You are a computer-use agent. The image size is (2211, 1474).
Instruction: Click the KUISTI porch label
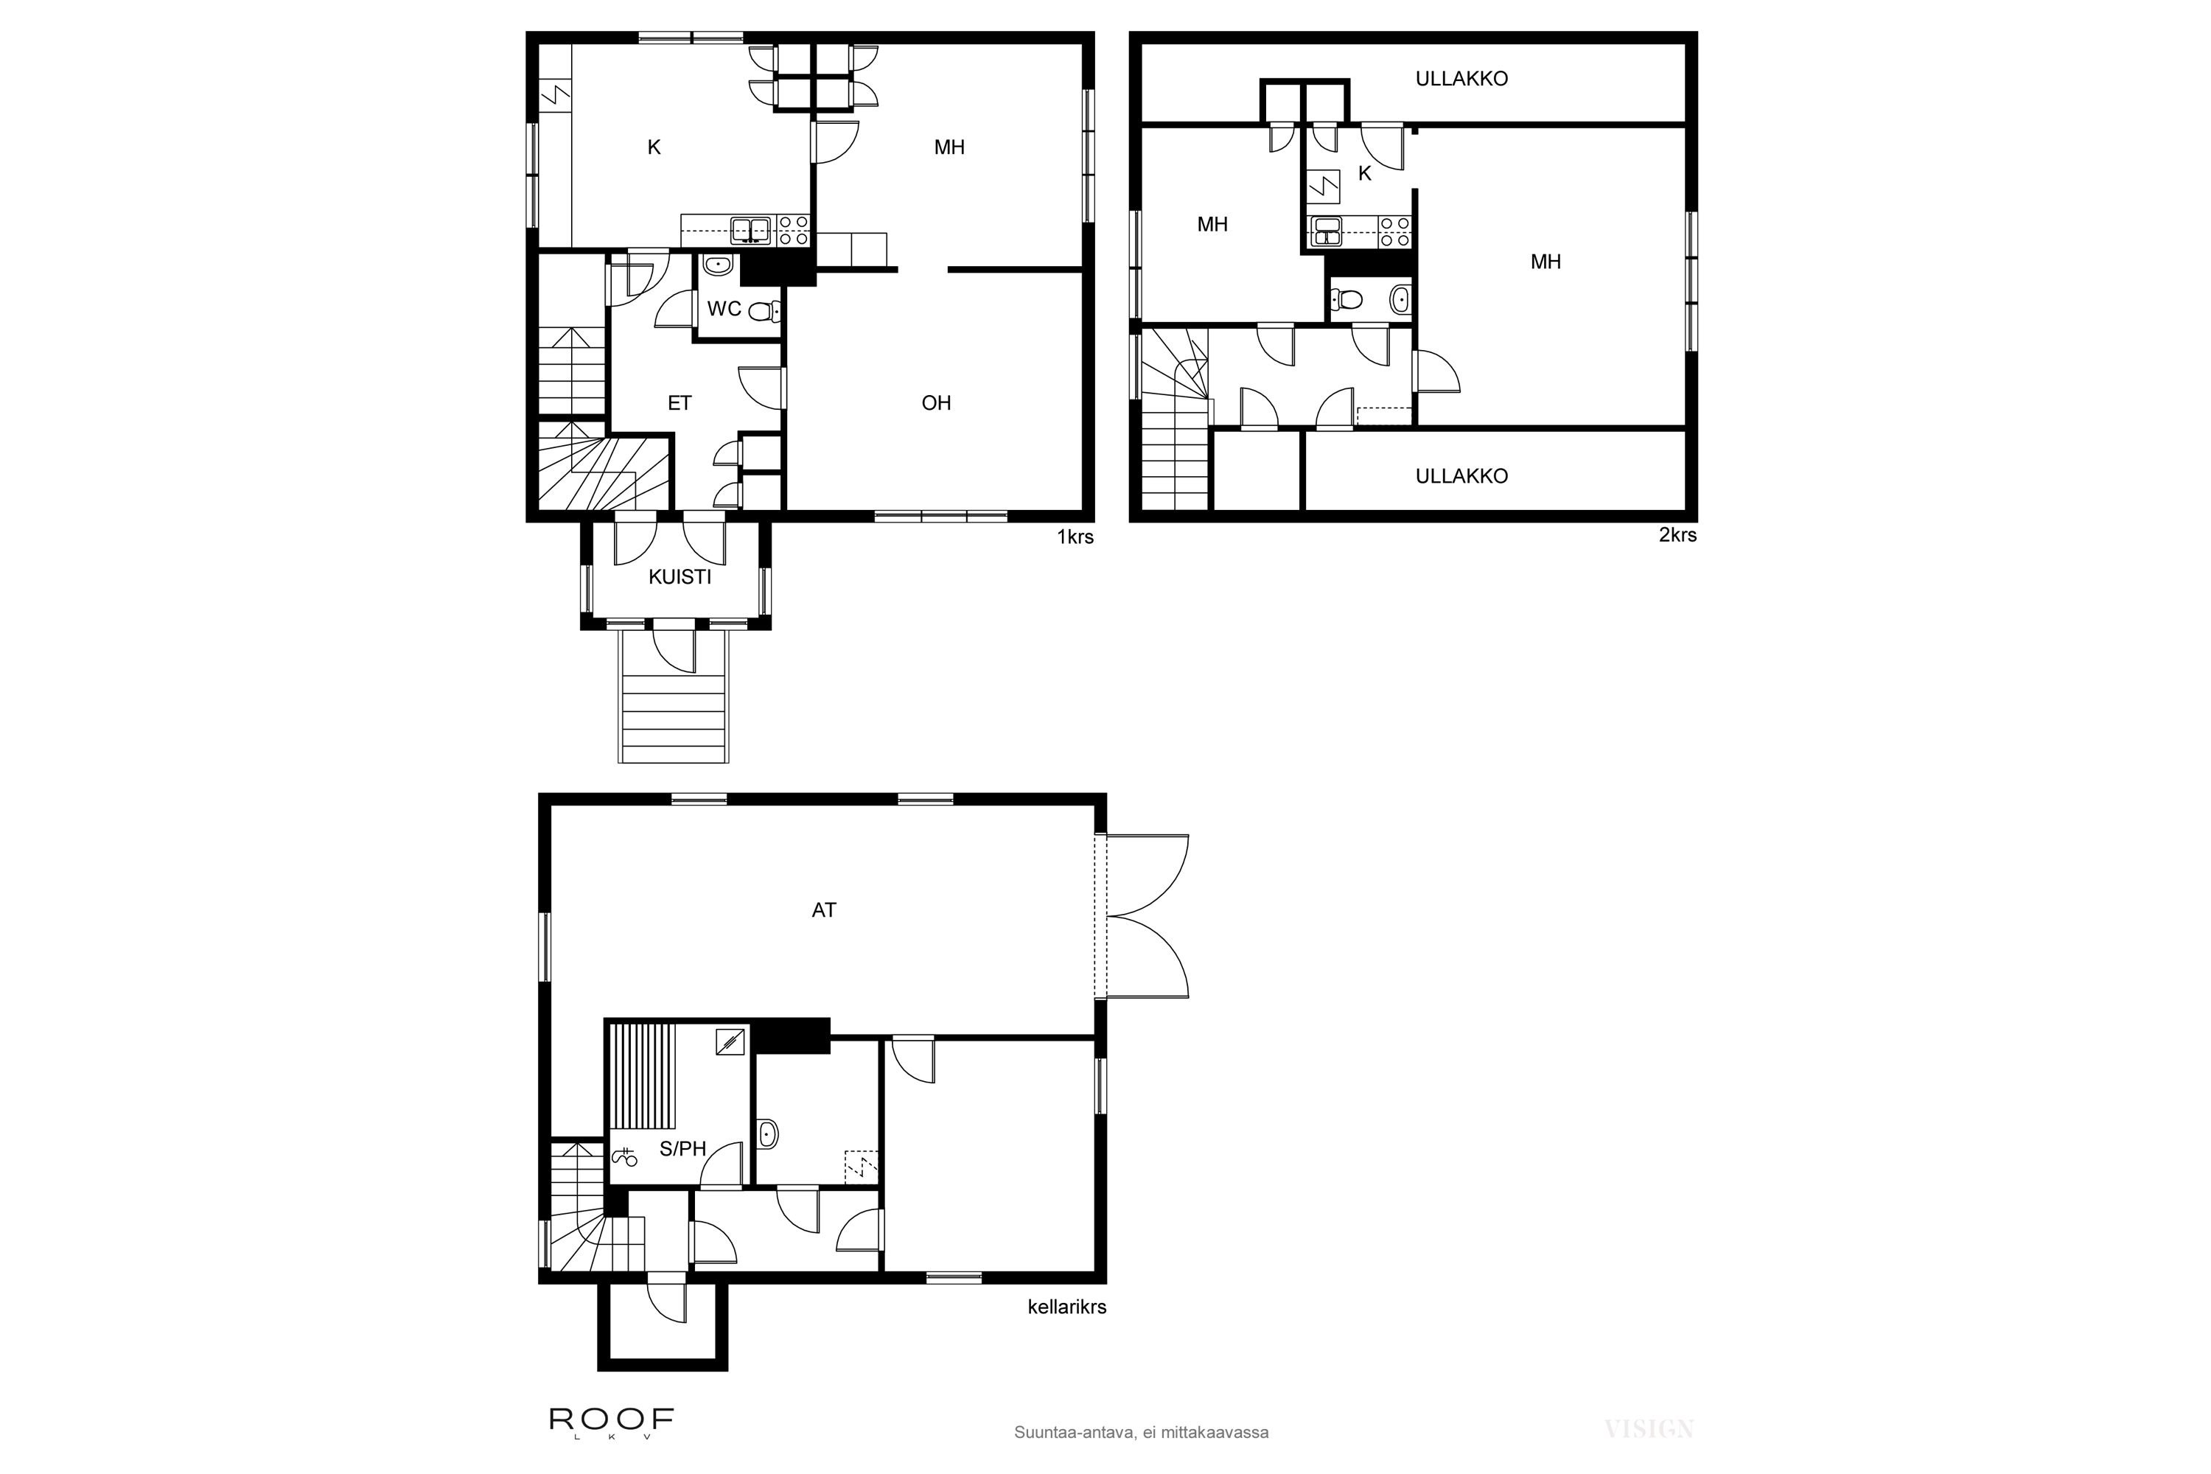679,577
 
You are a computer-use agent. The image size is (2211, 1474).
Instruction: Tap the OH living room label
935,403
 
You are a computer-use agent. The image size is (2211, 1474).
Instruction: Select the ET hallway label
679,403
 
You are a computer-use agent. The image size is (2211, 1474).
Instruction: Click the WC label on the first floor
724,308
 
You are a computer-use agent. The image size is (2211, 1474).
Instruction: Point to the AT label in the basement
823,910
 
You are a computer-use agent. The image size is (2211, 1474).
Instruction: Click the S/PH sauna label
682,1149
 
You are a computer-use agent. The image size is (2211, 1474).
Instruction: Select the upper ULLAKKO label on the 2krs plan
1461,79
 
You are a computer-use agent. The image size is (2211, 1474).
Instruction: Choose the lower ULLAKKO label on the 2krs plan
1461,475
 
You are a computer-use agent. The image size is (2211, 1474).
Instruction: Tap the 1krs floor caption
1075,538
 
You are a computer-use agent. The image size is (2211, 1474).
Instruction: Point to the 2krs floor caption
1677,535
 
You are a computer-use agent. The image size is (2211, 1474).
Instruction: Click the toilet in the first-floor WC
764,311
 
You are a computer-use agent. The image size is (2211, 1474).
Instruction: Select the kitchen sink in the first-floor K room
751,228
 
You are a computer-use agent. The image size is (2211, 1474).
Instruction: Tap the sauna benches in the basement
643,1075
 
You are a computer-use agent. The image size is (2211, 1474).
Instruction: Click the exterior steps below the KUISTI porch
673,720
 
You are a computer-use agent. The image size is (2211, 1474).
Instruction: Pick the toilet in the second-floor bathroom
1348,300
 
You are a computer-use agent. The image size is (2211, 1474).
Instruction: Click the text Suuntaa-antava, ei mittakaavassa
1140,1433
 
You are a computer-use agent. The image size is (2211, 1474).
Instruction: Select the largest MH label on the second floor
1545,262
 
